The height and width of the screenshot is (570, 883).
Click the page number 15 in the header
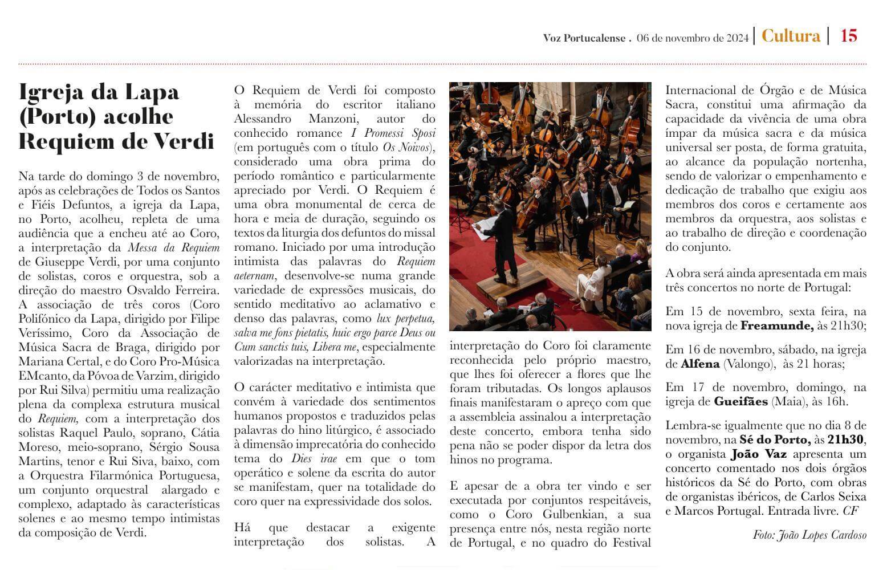tap(848, 36)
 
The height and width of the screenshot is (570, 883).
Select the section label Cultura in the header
tap(791, 36)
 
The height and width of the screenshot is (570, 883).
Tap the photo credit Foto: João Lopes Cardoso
tap(809, 535)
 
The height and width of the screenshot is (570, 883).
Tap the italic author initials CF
tap(850, 511)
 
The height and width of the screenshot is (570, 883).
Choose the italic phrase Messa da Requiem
tap(173, 248)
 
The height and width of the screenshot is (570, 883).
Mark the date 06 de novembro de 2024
tap(693, 38)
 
